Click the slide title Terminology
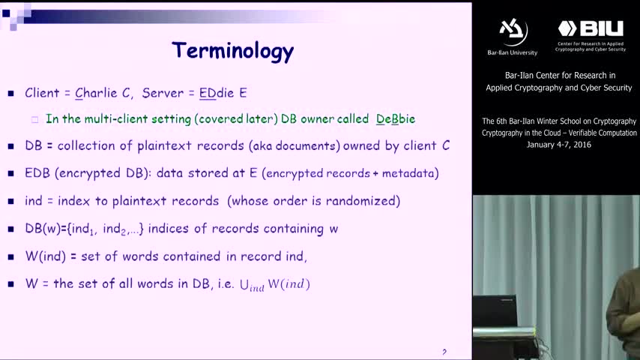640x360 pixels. tap(232, 51)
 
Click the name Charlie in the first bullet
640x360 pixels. tap(96, 93)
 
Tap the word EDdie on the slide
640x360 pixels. tap(217, 93)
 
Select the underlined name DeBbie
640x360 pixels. tap(396, 119)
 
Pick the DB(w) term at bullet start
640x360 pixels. tap(43, 229)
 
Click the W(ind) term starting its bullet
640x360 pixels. tap(45, 256)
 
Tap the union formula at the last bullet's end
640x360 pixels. tap(275, 284)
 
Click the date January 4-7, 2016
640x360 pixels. tap(559, 145)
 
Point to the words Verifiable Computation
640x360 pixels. tap(603, 133)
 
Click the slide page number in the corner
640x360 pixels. tap(444, 352)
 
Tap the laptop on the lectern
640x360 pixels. tap(495, 311)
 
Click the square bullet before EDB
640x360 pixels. tap(11, 174)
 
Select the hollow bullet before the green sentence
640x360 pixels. tap(34, 120)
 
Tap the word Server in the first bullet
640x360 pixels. tap(163, 93)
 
